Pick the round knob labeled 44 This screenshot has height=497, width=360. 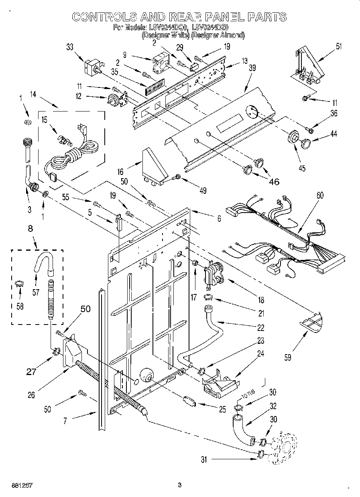coord(305,142)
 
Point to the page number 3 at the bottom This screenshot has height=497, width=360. coord(180,485)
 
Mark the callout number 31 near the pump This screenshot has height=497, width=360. coord(204,460)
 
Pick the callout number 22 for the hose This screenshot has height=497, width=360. coord(260,328)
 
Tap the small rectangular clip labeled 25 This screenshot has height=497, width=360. coord(189,401)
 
